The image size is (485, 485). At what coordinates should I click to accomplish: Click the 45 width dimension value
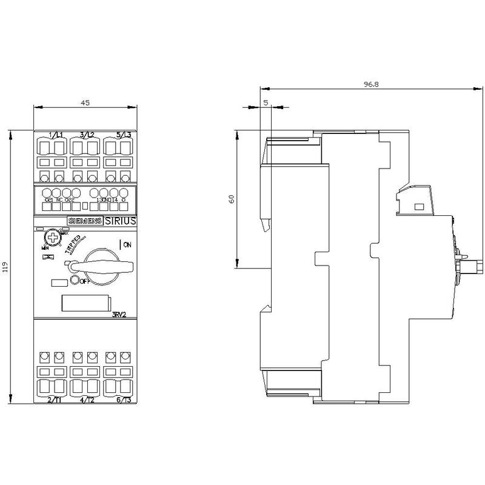pos(85,102)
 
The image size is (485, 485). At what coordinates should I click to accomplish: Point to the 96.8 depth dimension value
pos(372,85)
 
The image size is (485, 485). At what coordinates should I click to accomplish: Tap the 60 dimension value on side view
pos(231,199)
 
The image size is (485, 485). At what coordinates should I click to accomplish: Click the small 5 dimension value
pos(266,102)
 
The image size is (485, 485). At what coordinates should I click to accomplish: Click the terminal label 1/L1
pos(56,134)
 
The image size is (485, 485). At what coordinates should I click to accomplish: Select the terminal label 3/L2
pos(86,134)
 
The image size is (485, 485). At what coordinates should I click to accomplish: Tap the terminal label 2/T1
pos(56,400)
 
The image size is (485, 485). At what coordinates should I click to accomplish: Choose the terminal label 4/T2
pos(86,400)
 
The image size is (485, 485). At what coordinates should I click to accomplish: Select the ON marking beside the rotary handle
pos(127,245)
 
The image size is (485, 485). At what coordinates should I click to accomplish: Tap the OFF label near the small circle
pos(84,281)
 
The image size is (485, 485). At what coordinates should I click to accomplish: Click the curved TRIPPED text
pos(75,245)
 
